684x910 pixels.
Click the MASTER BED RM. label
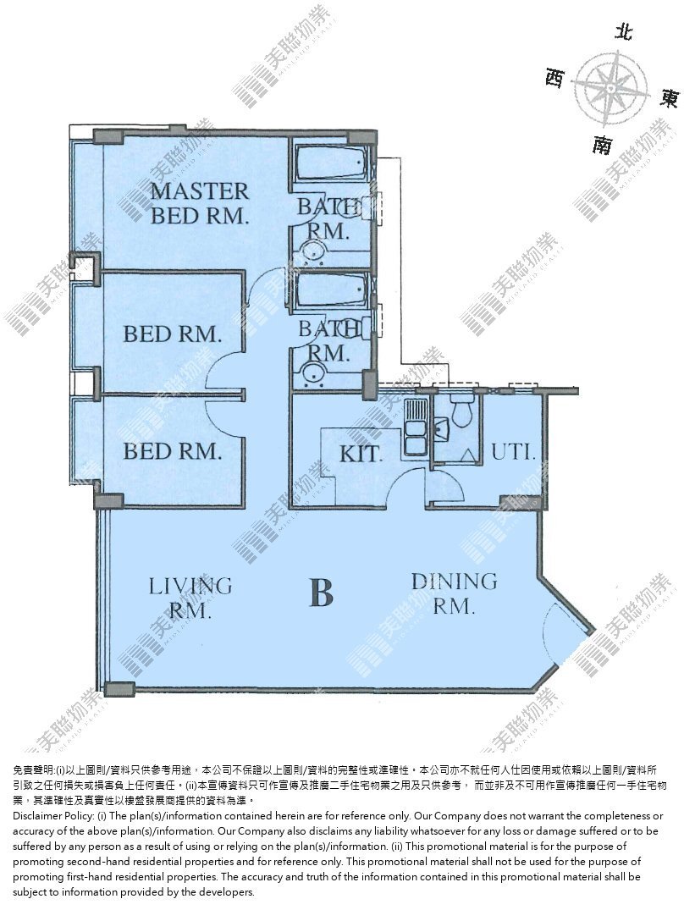(x=200, y=203)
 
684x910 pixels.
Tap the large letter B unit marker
(x=322, y=593)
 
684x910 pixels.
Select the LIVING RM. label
(x=190, y=597)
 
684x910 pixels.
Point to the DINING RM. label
(x=455, y=593)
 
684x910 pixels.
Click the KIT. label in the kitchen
(x=361, y=453)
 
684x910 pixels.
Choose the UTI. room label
(x=513, y=451)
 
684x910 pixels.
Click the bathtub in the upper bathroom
(x=331, y=163)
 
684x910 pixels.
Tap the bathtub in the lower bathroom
(x=331, y=290)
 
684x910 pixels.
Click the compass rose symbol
(x=611, y=88)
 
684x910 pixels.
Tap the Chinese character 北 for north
(x=624, y=32)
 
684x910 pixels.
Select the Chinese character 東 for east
(x=668, y=99)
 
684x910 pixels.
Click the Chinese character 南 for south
(x=602, y=144)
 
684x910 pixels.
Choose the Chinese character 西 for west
(x=554, y=77)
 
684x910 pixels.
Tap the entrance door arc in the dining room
(x=551, y=630)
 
